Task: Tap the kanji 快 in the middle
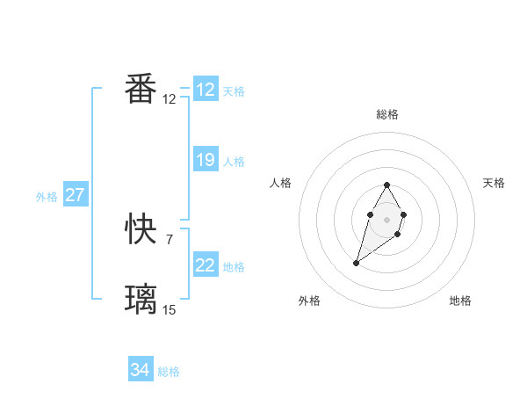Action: pos(141,230)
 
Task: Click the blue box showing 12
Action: pos(206,90)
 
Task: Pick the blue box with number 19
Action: pos(206,160)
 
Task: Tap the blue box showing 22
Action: pos(206,265)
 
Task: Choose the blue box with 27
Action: pos(76,195)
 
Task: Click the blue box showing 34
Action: pos(141,371)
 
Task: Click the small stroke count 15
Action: pos(170,309)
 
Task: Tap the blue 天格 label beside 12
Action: pos(234,91)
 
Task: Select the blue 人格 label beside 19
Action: pos(234,162)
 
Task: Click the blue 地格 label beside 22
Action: pos(234,267)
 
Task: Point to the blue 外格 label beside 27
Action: pos(47,197)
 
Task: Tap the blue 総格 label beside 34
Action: pos(169,373)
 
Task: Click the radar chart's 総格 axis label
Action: pos(387,114)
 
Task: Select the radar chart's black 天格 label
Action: pos(494,183)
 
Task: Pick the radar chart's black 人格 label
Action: pos(281,183)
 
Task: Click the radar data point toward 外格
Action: pos(357,263)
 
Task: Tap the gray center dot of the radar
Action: pos(387,218)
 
